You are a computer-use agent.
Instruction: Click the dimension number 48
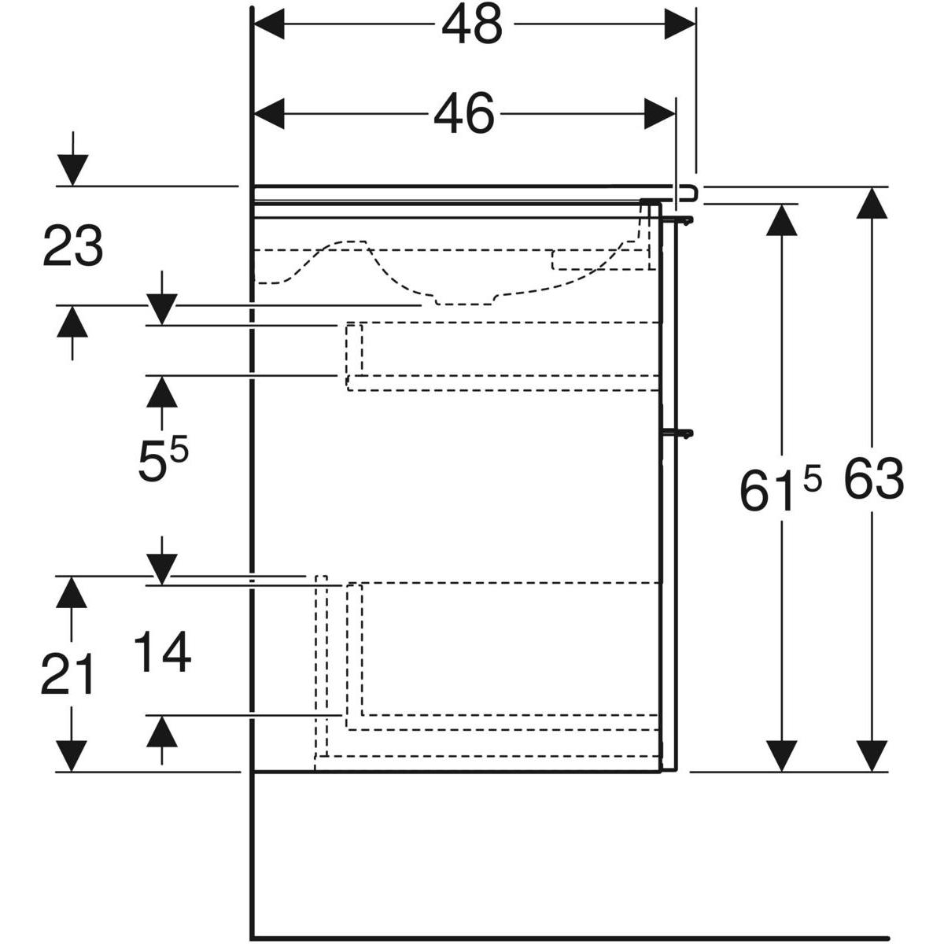pyautogui.click(x=471, y=25)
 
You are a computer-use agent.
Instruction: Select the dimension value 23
pyautogui.click(x=72, y=245)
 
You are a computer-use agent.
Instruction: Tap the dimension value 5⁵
pyautogui.click(x=163, y=461)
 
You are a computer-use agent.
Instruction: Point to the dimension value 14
pyautogui.click(x=162, y=653)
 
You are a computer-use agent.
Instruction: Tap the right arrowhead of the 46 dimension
pyautogui.click(x=659, y=115)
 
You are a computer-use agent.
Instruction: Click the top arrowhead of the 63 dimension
pyautogui.click(x=872, y=203)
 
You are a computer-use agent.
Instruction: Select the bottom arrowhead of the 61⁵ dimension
pyautogui.click(x=781, y=755)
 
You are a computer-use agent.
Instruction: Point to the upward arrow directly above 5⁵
pyautogui.click(x=162, y=392)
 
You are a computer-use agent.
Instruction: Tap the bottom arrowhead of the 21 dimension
pyautogui.click(x=72, y=755)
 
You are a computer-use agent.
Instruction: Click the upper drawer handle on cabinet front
pyautogui.click(x=681, y=219)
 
